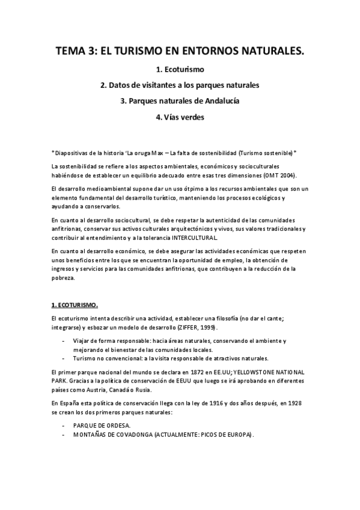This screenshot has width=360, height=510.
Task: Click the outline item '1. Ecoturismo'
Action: [180, 70]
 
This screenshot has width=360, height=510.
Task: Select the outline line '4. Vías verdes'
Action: [180, 117]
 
